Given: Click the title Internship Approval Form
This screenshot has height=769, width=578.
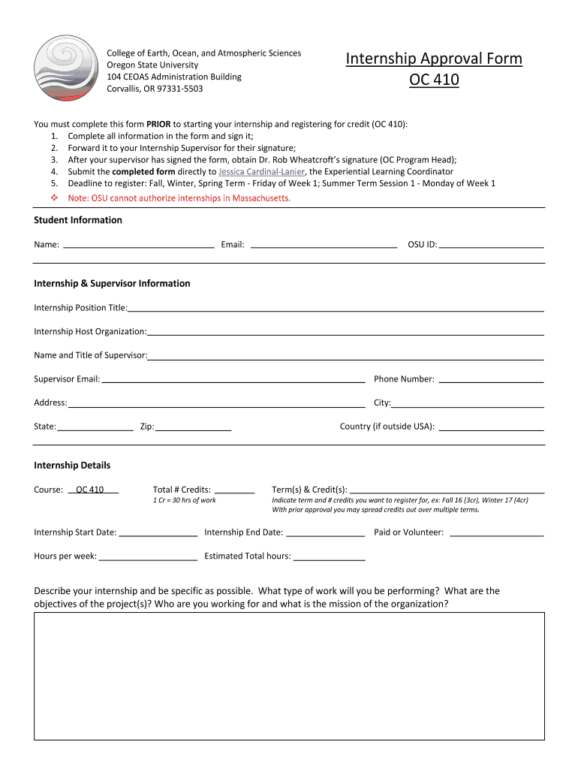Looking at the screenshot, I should point(434,59).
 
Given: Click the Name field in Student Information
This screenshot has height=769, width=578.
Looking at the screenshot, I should point(139,243).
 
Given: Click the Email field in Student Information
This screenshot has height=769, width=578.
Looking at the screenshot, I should point(323,243).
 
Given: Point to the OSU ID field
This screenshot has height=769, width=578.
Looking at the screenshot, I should point(491,243).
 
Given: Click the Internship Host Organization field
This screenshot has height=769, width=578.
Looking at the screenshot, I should point(345,330).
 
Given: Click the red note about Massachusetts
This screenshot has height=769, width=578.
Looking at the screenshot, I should point(179,198).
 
